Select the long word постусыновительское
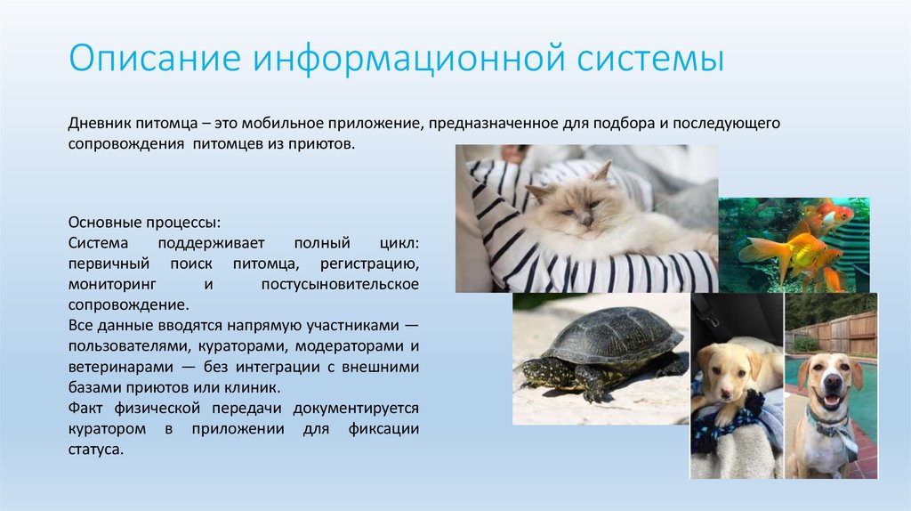(340, 284)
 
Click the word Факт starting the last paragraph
(86, 409)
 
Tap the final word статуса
(94, 450)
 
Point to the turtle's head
(533, 368)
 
